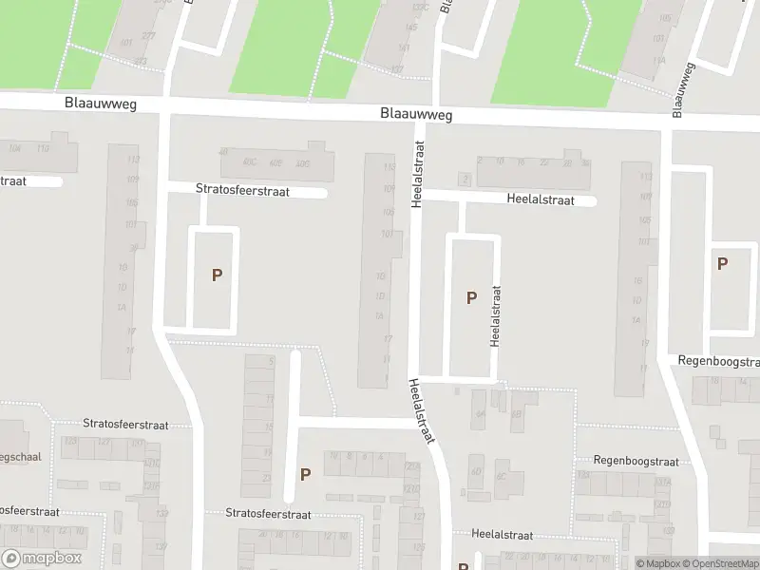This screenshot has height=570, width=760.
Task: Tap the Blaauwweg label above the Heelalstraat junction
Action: click(415, 114)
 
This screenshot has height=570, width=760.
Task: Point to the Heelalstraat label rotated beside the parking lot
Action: click(495, 315)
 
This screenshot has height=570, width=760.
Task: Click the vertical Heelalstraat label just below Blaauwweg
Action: click(416, 172)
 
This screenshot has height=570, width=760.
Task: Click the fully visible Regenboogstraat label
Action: click(636, 462)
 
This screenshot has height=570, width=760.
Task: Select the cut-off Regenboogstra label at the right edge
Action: click(718, 362)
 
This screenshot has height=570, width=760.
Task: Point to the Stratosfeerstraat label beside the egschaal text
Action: click(125, 425)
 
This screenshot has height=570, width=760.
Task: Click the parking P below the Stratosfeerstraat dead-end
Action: click(217, 275)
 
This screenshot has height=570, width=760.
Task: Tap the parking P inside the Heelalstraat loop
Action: click(471, 297)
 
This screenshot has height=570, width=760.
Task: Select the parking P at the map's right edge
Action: click(722, 264)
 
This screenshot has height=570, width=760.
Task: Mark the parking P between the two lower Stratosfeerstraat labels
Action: click(305, 474)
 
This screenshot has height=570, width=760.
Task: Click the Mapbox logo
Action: click(41, 559)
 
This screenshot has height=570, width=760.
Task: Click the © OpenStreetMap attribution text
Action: click(721, 563)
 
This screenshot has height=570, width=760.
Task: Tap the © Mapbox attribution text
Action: click(658, 563)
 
